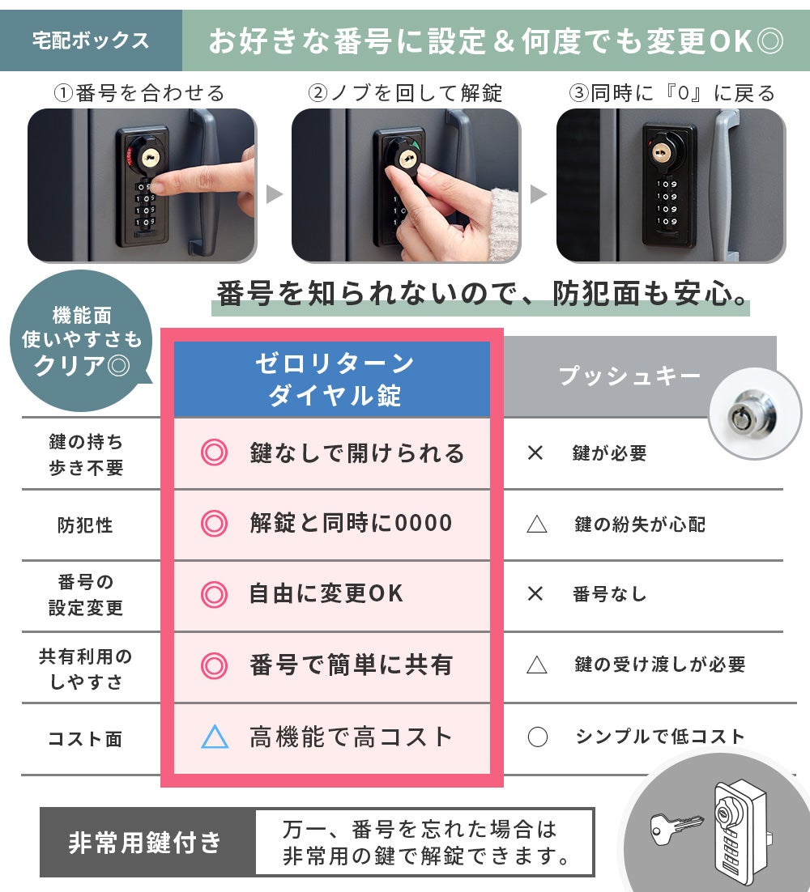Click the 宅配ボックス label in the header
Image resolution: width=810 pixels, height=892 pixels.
click(x=91, y=40)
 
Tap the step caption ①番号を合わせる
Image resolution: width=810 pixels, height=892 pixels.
click(x=139, y=93)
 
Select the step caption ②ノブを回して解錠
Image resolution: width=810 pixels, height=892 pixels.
click(x=405, y=93)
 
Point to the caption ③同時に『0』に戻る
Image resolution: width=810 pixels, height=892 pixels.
click(x=672, y=93)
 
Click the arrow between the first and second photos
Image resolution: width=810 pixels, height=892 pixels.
click(x=274, y=194)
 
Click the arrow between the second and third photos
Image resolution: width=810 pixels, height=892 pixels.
click(x=538, y=194)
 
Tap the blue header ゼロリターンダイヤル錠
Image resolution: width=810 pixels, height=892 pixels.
click(x=332, y=379)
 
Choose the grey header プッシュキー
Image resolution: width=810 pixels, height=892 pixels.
click(x=629, y=376)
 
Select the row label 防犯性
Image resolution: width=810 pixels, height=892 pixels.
click(x=85, y=525)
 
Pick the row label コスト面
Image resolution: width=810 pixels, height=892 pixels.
click(x=85, y=738)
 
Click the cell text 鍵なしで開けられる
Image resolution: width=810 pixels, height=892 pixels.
click(x=357, y=453)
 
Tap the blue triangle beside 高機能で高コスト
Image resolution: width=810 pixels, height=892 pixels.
click(x=215, y=737)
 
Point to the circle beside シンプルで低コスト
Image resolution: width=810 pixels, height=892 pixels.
click(x=537, y=737)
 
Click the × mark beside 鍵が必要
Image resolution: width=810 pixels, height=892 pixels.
click(x=535, y=452)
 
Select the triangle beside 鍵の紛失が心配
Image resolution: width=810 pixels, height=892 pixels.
click(x=537, y=524)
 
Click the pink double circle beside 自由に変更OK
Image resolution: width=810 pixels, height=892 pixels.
click(x=214, y=594)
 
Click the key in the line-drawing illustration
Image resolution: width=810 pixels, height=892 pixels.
click(x=676, y=826)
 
